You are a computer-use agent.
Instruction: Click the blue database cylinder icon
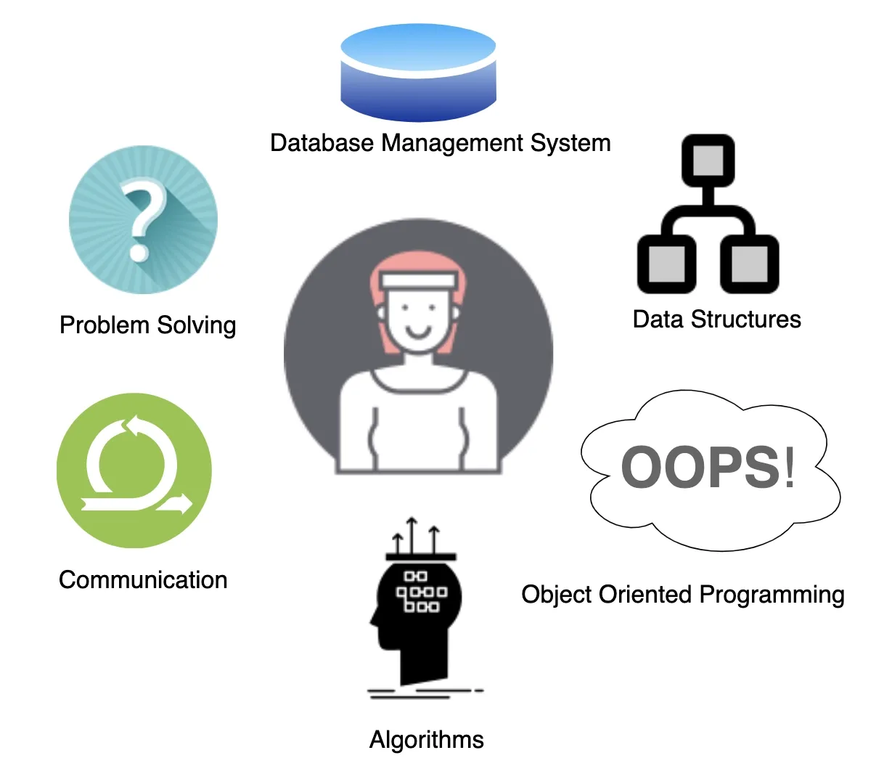[418, 73]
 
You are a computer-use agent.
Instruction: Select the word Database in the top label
[322, 143]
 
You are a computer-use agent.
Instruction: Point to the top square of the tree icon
[708, 160]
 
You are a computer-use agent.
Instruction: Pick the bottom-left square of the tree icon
[666, 264]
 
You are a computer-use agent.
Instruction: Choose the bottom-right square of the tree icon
[750, 264]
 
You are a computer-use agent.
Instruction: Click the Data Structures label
[716, 319]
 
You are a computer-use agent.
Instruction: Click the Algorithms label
[426, 740]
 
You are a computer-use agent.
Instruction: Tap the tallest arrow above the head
[412, 534]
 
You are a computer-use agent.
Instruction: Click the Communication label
[143, 580]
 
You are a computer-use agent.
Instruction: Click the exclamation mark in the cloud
[789, 467]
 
